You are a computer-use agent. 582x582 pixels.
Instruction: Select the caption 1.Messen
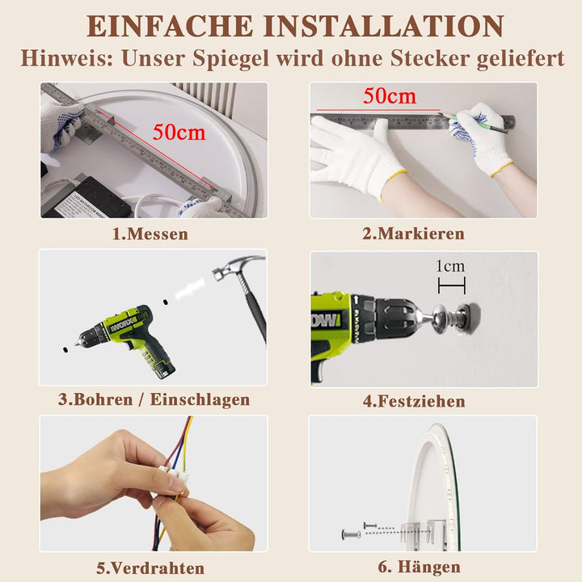tap(150, 234)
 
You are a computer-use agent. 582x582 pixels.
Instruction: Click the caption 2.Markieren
tap(413, 234)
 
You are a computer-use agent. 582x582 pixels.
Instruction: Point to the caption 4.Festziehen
tap(414, 401)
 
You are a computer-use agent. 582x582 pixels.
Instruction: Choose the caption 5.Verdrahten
tap(150, 568)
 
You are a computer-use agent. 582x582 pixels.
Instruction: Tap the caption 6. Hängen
tap(419, 567)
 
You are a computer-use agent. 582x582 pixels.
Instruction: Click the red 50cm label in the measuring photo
tap(179, 132)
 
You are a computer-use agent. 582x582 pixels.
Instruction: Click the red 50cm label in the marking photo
tap(390, 96)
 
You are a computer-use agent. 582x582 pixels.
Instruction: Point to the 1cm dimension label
tap(450, 266)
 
